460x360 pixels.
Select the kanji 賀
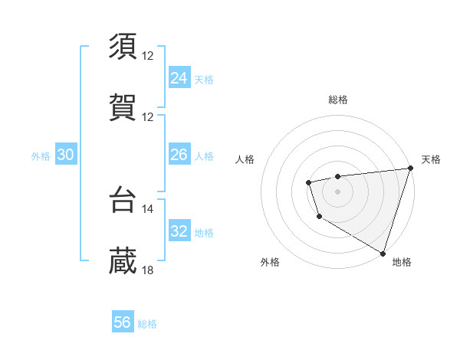(x=123, y=107)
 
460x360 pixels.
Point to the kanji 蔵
(x=123, y=260)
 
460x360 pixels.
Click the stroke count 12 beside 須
(x=148, y=56)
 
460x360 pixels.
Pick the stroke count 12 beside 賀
(x=148, y=117)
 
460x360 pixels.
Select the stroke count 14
(x=148, y=208)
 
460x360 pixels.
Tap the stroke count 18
(x=148, y=270)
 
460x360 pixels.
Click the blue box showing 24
(x=179, y=78)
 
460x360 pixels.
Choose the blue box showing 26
(x=179, y=155)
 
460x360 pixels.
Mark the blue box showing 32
(x=179, y=232)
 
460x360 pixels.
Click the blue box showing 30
(x=66, y=155)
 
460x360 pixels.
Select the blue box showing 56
(x=123, y=323)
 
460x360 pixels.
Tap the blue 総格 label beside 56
(x=148, y=325)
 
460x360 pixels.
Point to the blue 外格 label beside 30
(x=41, y=156)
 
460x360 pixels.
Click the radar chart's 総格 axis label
(x=338, y=100)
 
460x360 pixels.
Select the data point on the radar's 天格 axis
(x=410, y=169)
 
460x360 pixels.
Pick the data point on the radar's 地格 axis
(x=383, y=252)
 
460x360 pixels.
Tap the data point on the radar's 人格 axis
(x=308, y=182)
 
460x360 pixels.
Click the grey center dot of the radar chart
(x=337, y=191)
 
